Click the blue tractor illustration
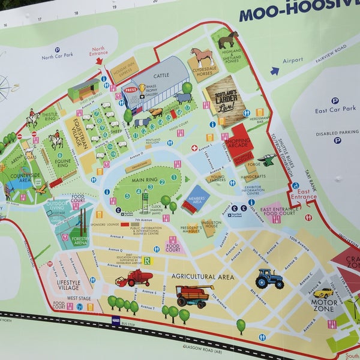[269, 278]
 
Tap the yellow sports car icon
[323, 293]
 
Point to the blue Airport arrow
[275, 71]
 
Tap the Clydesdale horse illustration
[202, 58]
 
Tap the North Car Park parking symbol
[58, 50]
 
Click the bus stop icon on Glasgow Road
[116, 321]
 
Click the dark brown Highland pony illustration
[228, 40]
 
